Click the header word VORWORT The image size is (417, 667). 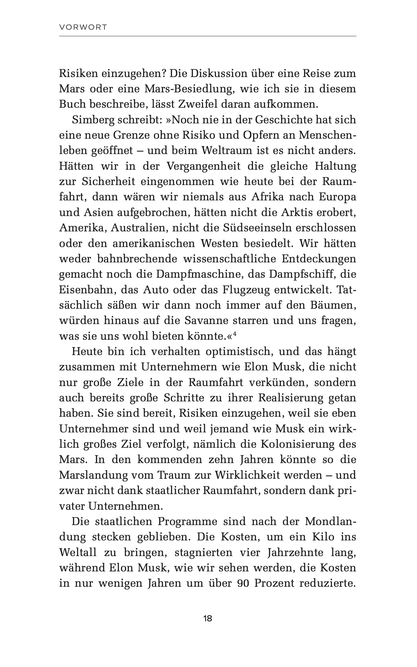tap(83, 27)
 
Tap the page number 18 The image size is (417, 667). tap(208, 618)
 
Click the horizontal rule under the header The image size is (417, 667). tap(208, 36)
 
